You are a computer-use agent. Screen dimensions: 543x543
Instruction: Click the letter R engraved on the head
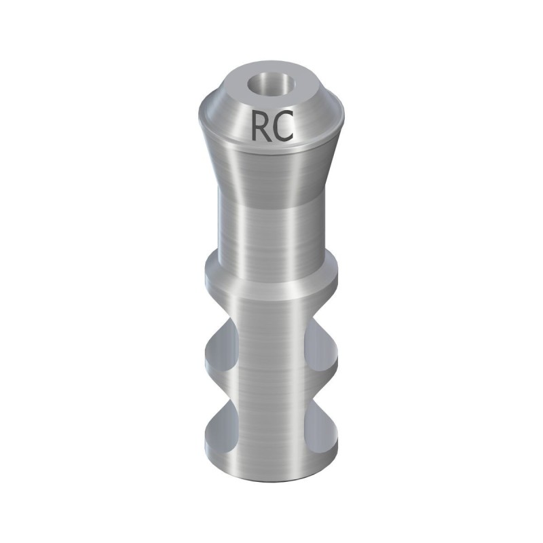tap(261, 126)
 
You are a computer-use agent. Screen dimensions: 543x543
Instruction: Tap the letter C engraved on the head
tap(284, 127)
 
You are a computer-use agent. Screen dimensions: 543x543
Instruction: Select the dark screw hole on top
tap(271, 86)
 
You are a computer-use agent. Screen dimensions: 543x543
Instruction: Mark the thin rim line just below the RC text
tap(271, 147)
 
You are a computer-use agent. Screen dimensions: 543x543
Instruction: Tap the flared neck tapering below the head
tap(271, 170)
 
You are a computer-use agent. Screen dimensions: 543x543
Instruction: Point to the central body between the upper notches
tap(271, 346)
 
